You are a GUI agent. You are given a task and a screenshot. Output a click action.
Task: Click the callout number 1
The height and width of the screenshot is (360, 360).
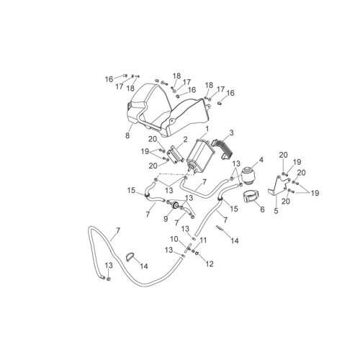click(207, 129)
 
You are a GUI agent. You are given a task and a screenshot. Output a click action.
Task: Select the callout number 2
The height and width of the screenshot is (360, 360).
click(185, 140)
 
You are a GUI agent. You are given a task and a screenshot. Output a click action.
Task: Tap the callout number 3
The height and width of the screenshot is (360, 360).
click(231, 132)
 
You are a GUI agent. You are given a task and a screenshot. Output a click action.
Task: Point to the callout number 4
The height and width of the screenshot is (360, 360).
click(261, 160)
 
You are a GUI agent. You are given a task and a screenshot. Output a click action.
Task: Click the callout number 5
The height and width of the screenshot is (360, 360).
click(276, 211)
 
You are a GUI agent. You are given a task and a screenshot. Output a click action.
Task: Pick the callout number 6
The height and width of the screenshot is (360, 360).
click(262, 210)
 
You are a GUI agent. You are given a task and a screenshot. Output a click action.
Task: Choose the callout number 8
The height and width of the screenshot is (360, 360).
click(127, 135)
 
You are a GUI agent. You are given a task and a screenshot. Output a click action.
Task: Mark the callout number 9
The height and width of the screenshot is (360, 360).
click(166, 219)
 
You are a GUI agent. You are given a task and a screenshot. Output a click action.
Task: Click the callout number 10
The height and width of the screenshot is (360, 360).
click(174, 239)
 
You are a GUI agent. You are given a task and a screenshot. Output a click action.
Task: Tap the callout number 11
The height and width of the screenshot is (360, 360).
click(203, 240)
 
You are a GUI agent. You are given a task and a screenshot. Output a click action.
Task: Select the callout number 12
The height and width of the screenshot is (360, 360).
click(210, 264)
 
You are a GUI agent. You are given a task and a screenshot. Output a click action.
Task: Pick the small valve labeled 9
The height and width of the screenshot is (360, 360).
click(174, 205)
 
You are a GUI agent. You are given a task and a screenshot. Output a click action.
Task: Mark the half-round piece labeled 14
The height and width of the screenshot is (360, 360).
click(130, 257)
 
